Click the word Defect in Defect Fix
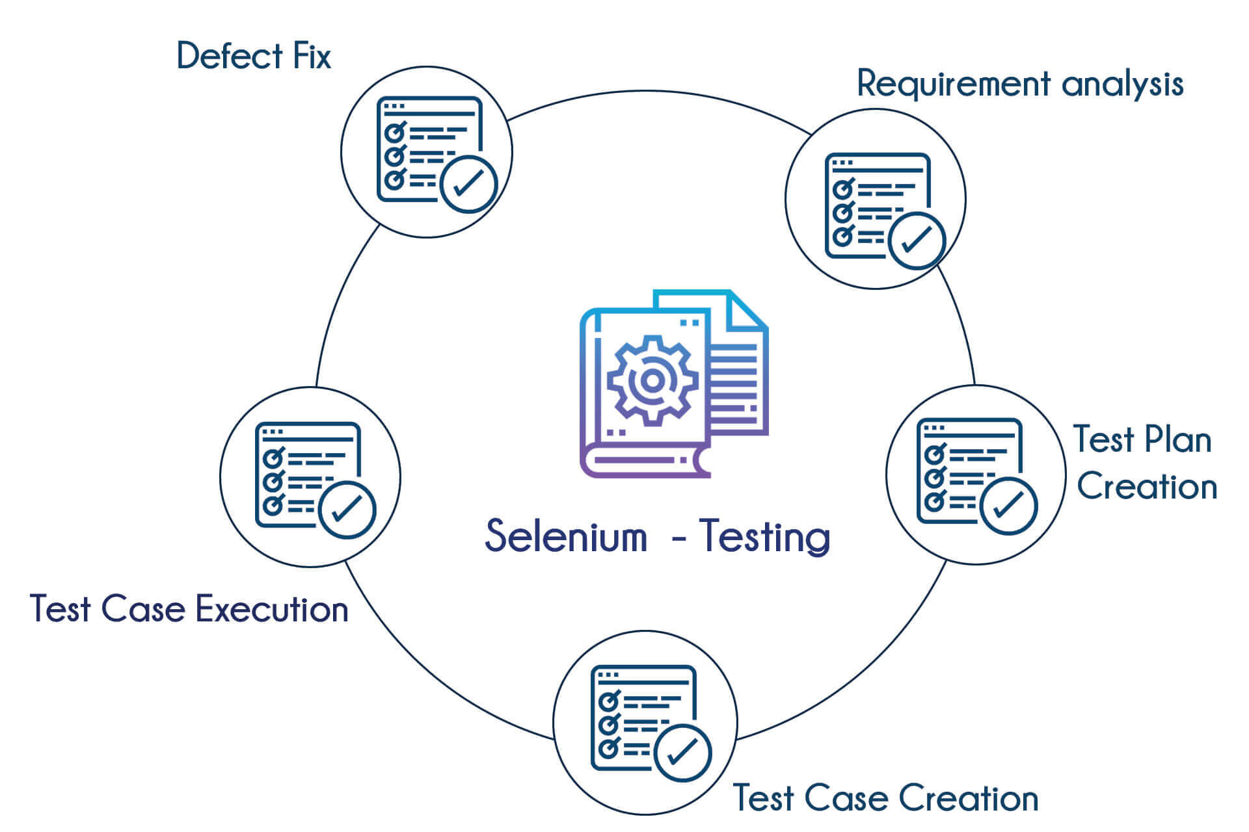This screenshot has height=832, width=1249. tap(230, 56)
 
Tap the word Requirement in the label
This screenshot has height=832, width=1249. tap(954, 84)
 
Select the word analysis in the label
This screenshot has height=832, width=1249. tap(1123, 84)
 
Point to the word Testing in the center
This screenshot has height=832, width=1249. tap(765, 537)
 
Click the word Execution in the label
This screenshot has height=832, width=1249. tap(272, 610)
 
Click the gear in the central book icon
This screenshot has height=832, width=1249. tap(652, 381)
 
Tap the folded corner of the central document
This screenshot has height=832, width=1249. tap(747, 311)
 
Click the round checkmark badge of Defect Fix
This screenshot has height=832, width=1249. tap(468, 184)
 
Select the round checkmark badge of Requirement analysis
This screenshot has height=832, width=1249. tap(917, 240)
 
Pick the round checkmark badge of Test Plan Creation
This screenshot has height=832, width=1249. tap(1008, 506)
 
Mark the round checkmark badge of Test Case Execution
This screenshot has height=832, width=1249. tap(347, 510)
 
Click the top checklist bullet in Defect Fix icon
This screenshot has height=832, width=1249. tap(394, 133)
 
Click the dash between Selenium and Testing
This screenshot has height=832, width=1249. tap(678, 538)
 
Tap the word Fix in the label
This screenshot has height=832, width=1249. tap(312, 56)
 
